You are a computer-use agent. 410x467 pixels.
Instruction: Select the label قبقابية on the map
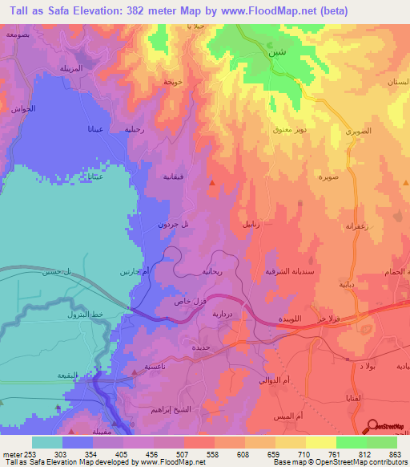176,177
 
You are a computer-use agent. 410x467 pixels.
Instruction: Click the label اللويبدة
295,319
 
